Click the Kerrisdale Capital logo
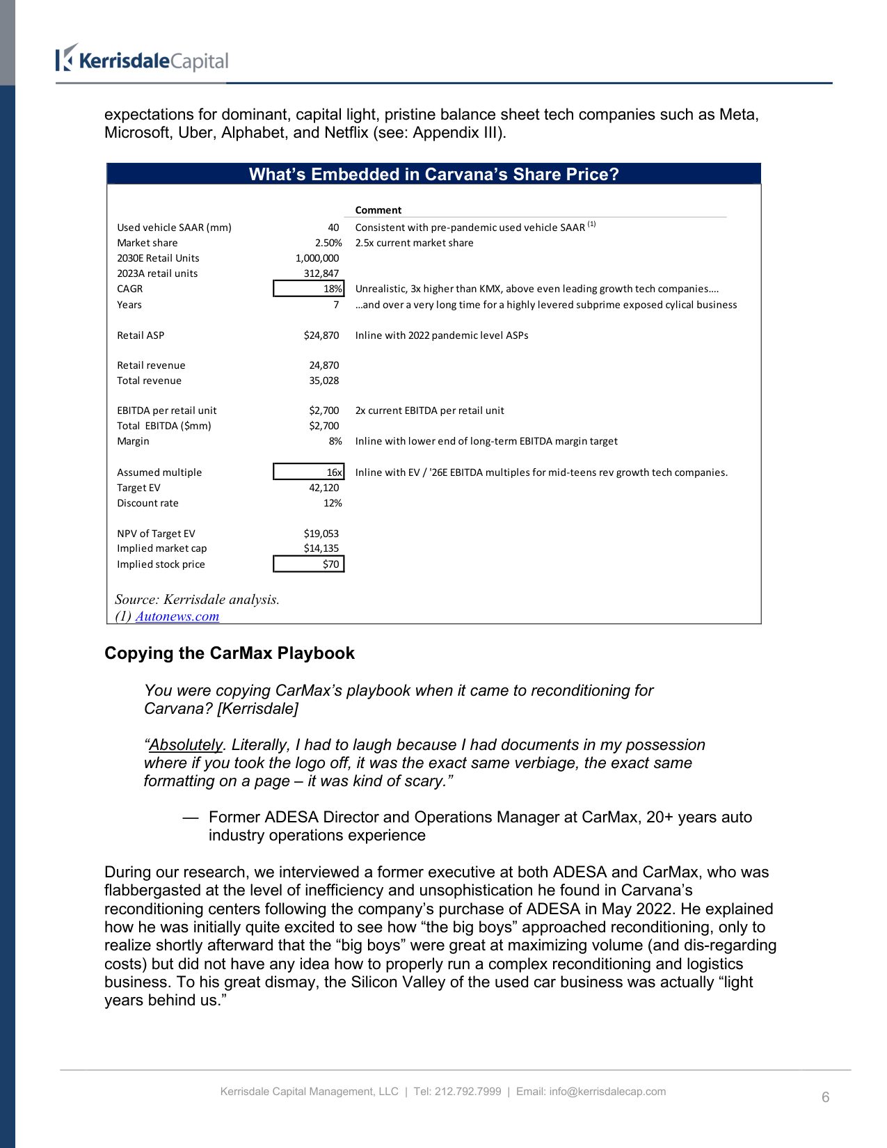coord(142,60)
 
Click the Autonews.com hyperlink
coord(177,616)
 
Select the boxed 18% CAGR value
coord(309,289)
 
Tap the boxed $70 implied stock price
coord(309,564)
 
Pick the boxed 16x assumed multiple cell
coord(309,472)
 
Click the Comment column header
coord(378,210)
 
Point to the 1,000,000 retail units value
coord(317,258)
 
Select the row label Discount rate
coord(147,503)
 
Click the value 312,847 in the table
coord(321,273)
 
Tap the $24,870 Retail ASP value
coord(321,335)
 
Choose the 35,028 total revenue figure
coord(323,381)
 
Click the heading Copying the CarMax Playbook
coord(230,653)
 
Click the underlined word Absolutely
coord(186,745)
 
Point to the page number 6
coord(825,1097)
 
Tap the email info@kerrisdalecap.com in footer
coord(607,1092)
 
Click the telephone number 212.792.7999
coord(468,1092)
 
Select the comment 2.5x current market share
coord(414,243)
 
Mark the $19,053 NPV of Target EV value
coord(321,534)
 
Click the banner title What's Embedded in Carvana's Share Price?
coord(433,175)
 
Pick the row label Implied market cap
coord(161,548)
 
